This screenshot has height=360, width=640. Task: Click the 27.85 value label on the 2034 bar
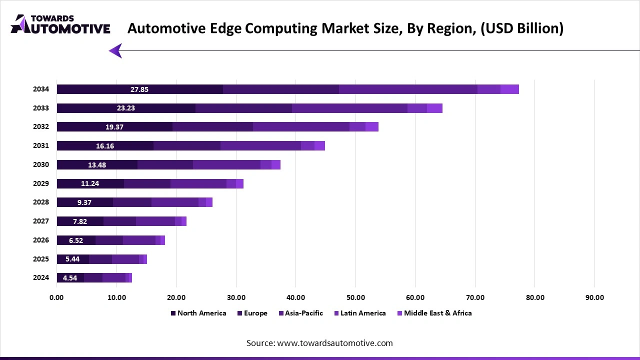[x=139, y=89]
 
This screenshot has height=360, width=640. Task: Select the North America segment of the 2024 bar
[x=70, y=277]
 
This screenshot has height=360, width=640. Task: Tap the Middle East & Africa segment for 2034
[x=509, y=89]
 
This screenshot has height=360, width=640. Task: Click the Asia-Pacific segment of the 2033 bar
[x=349, y=108]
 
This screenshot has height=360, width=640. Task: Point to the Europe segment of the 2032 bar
[x=212, y=127]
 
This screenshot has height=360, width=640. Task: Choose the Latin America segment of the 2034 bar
[x=488, y=89]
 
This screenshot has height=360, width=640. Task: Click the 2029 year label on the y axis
[x=41, y=183]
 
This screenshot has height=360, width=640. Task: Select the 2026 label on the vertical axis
[x=41, y=240]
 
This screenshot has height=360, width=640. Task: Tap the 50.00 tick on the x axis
[x=355, y=297]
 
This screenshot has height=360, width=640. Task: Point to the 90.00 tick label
[x=594, y=297]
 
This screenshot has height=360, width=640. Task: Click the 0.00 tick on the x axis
[x=56, y=297]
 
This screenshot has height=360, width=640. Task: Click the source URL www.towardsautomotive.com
[x=334, y=343]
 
